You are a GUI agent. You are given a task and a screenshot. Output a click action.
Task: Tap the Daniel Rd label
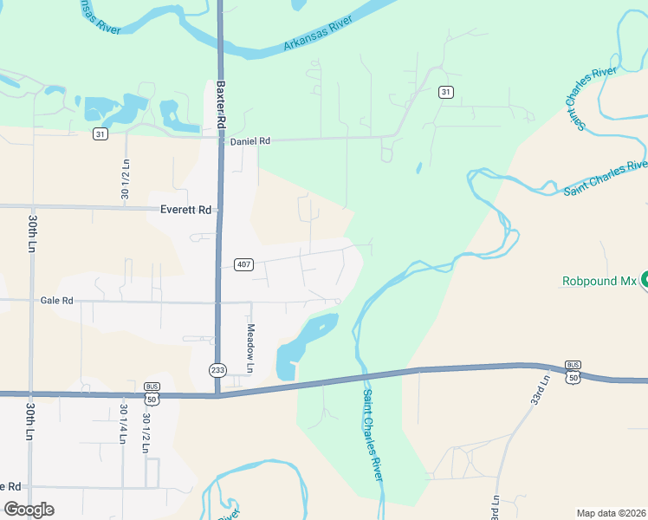(x=250, y=140)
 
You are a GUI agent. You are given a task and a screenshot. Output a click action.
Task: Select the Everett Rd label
(x=186, y=210)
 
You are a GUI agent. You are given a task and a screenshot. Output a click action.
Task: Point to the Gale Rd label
(x=57, y=301)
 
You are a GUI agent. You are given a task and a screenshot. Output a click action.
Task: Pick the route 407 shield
(x=243, y=264)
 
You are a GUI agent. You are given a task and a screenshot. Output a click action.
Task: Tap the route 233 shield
(x=217, y=370)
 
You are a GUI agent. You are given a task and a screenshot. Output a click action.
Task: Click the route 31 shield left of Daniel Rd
(x=101, y=133)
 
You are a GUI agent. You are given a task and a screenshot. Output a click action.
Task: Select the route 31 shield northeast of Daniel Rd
(x=445, y=92)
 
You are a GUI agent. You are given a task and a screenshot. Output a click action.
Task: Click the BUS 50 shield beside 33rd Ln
(x=573, y=371)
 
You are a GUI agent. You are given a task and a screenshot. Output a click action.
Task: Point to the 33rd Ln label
(x=542, y=392)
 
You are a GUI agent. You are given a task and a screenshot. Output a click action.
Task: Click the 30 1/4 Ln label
(x=123, y=424)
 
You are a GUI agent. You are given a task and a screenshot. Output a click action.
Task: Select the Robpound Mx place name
(x=599, y=281)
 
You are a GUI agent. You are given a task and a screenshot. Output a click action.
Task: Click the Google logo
(x=29, y=510)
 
